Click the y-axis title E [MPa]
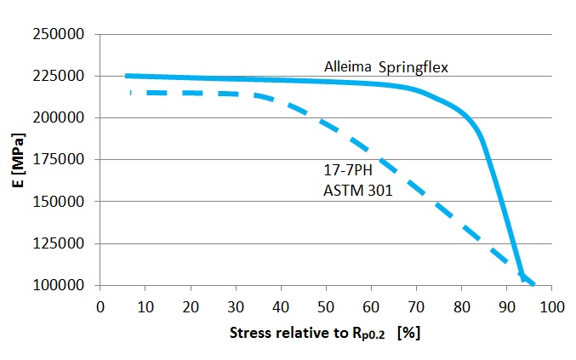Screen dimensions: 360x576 pyautogui.click(x=28, y=160)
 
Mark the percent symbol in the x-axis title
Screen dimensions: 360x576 pyautogui.click(x=413, y=333)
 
